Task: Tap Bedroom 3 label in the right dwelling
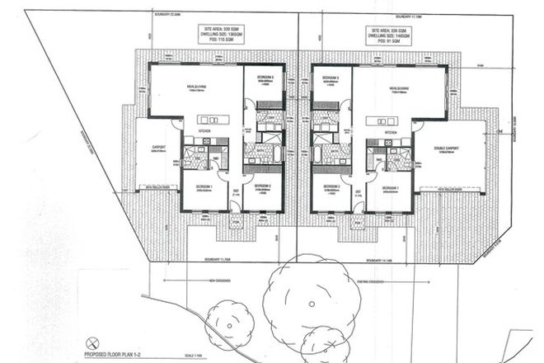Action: (331, 78)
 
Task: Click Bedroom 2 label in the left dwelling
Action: (265, 187)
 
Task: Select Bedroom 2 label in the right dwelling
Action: (327, 187)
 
